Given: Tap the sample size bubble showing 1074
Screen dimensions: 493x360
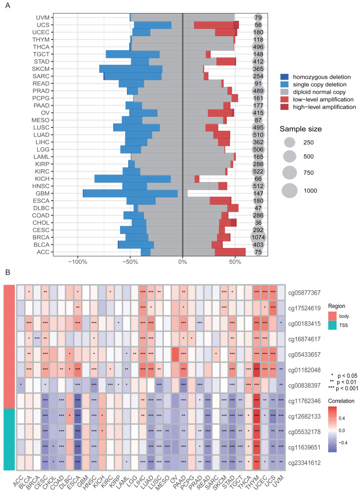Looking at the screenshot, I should point(258,236).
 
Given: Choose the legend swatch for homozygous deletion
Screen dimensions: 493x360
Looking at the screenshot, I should point(284,77).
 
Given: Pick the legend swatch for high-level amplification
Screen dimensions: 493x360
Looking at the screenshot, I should point(284,107).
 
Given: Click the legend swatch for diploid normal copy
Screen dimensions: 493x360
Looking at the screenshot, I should point(284,92).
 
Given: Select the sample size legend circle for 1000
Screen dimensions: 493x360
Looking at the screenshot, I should point(290,191).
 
